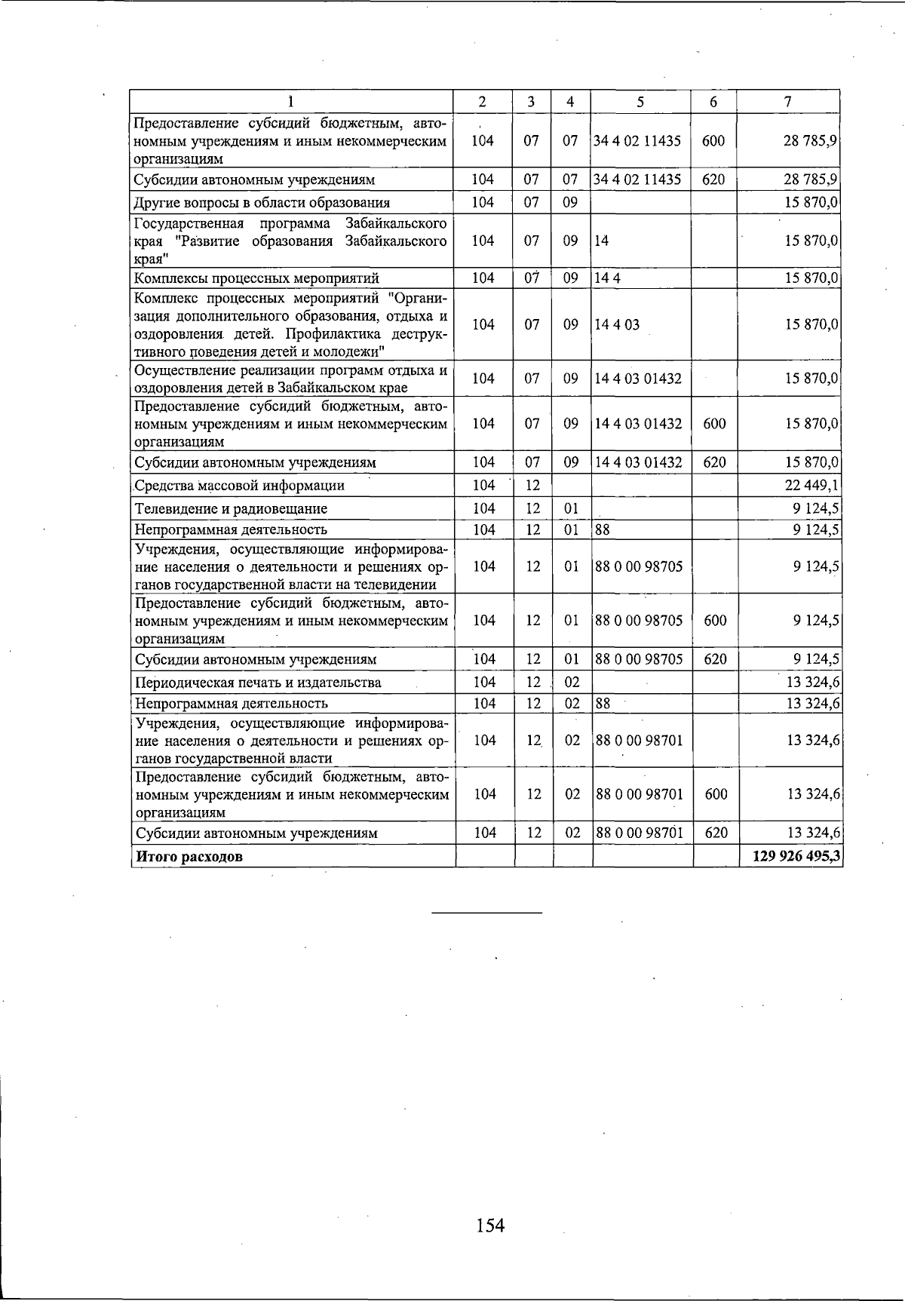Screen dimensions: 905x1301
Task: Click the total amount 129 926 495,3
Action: [796, 856]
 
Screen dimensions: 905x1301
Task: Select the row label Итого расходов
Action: [189, 857]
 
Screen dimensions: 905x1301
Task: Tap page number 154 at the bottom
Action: [490, 1226]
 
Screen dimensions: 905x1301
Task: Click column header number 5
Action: [640, 102]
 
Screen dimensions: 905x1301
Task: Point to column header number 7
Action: [787, 102]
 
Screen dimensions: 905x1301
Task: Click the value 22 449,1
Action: [812, 486]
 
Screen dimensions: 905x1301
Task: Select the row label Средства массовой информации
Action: [239, 486]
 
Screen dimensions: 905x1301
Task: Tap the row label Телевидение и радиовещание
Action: [231, 508]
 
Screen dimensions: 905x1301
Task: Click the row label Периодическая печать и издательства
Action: [258, 683]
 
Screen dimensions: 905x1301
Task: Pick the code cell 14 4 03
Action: [617, 325]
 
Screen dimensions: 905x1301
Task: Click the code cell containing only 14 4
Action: [607, 278]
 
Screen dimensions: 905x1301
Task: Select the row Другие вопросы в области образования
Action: [262, 202]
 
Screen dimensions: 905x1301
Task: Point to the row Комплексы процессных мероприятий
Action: [256, 278]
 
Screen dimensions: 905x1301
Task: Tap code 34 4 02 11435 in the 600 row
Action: [638, 141]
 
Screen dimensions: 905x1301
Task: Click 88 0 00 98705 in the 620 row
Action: [640, 659]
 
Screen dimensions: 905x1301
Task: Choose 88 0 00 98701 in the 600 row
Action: [640, 794]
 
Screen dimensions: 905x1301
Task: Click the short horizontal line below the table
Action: [486, 913]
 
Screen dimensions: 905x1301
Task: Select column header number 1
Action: [291, 102]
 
